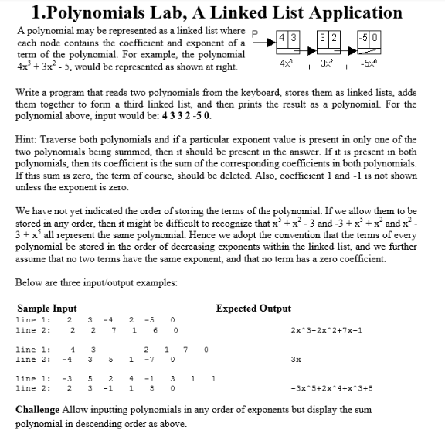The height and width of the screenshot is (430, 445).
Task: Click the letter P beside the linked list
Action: pyautogui.click(x=256, y=32)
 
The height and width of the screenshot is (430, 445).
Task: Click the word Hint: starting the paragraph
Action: pyautogui.click(x=27, y=141)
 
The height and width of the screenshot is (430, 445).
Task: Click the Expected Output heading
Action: pyautogui.click(x=253, y=308)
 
